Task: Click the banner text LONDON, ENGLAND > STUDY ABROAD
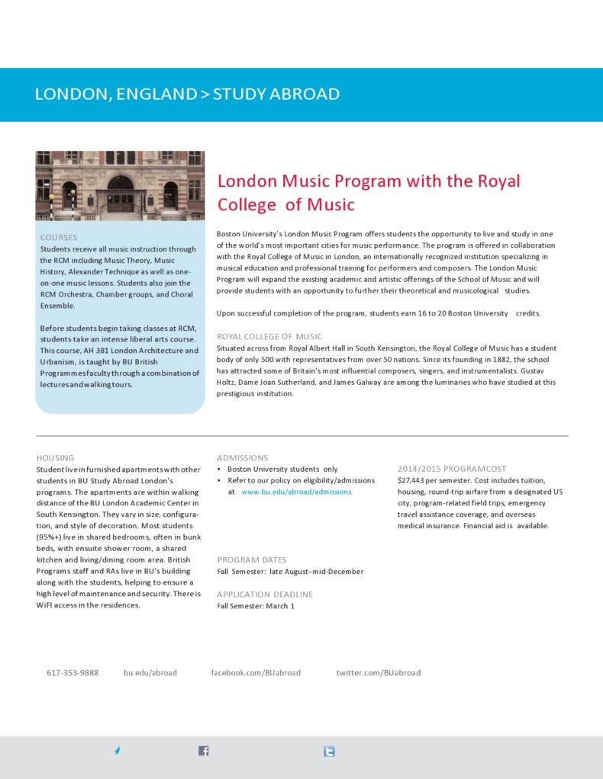tap(187, 95)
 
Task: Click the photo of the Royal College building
tap(120, 185)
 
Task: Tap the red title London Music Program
tap(369, 193)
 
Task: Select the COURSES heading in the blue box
tap(59, 238)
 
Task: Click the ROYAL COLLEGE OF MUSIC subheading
tap(269, 336)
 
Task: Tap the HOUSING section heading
tap(55, 457)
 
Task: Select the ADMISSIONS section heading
tap(243, 457)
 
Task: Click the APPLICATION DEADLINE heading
tap(265, 594)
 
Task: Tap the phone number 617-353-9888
tap(73, 673)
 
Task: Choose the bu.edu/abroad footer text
tap(150, 673)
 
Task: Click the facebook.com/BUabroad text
tap(256, 673)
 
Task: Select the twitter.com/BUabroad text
tap(379, 673)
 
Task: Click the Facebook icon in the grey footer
tap(204, 751)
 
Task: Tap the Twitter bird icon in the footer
tap(329, 751)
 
